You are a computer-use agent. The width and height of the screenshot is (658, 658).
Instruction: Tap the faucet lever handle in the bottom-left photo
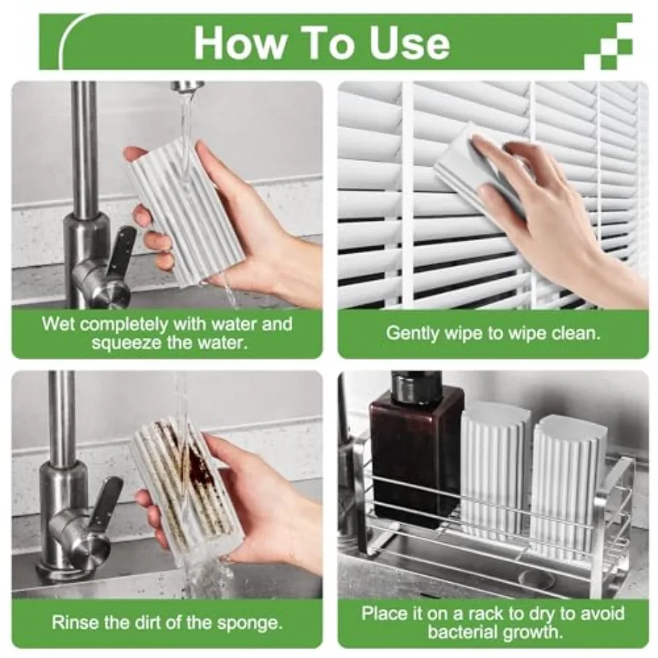pyautogui.click(x=106, y=504)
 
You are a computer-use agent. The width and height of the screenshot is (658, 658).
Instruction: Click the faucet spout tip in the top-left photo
pyautogui.click(x=188, y=87)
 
